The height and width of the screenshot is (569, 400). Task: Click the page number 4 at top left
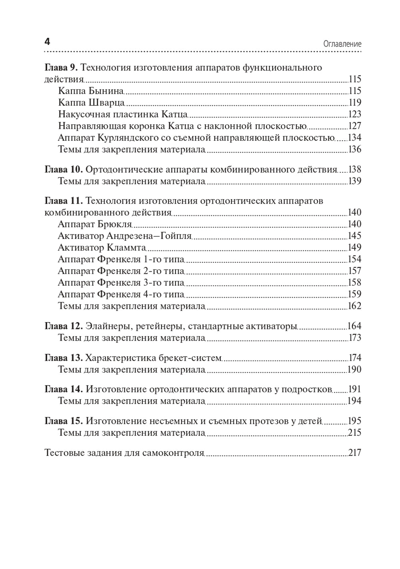(47, 42)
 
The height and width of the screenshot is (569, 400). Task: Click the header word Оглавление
(342, 44)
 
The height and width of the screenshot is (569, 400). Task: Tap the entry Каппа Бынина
(91, 91)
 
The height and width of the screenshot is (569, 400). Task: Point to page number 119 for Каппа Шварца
(355, 102)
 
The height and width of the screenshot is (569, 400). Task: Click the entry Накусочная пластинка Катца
(123, 114)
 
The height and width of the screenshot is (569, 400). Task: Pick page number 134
(355, 137)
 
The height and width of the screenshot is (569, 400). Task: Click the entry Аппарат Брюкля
(95, 224)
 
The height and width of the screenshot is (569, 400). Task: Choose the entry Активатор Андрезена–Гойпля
(125, 236)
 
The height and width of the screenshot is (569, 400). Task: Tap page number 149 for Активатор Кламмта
(355, 247)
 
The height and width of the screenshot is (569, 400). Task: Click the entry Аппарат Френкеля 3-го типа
(121, 282)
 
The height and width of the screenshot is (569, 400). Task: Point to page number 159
(355, 294)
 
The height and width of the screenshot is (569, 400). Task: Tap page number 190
(355, 369)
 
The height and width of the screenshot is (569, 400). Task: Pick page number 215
(355, 433)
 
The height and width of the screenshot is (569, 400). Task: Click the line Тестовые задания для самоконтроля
(124, 453)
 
